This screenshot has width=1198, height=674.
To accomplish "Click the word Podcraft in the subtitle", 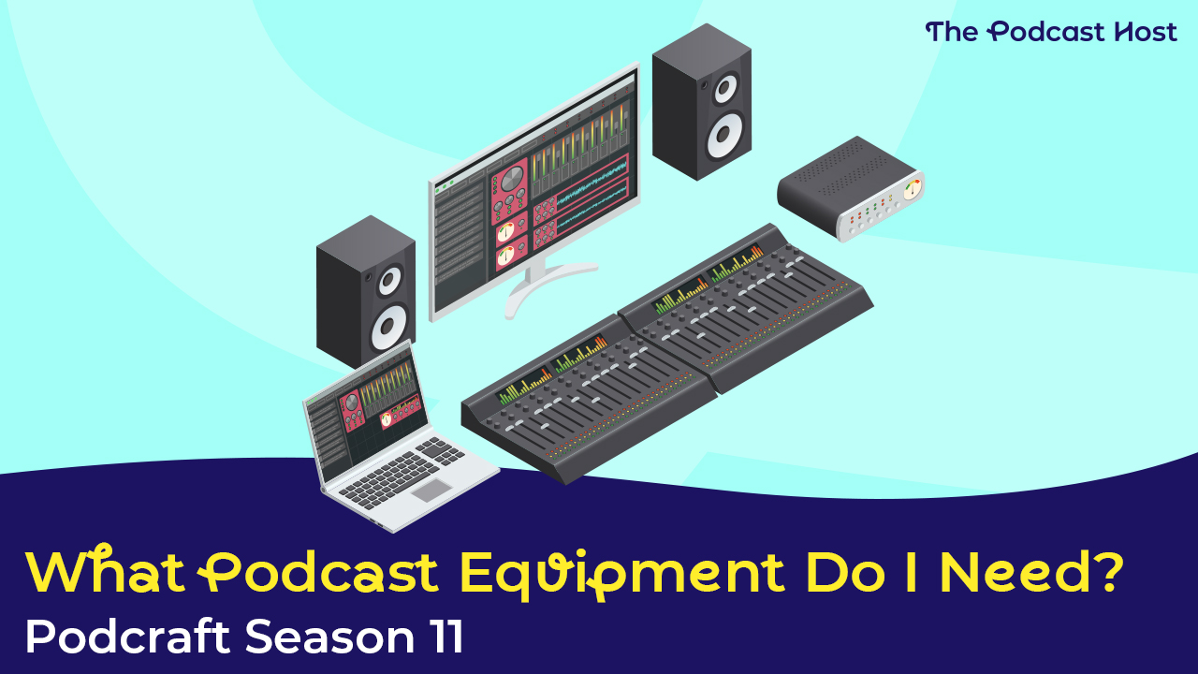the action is [x=127, y=636].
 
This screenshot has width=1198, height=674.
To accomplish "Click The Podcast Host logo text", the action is [x=1051, y=32].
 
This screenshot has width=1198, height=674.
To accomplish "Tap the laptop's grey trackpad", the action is [x=431, y=490].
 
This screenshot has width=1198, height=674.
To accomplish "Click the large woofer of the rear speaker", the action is [x=725, y=134].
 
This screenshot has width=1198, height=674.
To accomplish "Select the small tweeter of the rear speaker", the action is [x=725, y=89].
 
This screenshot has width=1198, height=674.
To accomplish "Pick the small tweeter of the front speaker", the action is [x=389, y=280].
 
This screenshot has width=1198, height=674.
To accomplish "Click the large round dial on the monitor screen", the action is [x=512, y=178].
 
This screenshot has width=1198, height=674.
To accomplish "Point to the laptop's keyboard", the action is [x=402, y=471].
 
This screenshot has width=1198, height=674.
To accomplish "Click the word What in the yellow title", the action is [x=105, y=571].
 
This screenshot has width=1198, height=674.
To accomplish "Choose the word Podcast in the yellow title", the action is [x=318, y=572].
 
